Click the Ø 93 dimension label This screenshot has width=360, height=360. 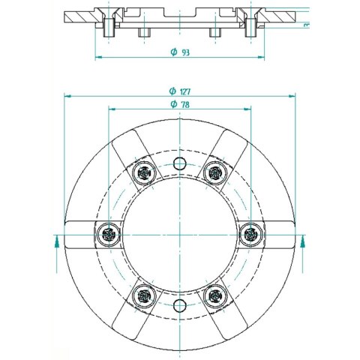tap(180, 52)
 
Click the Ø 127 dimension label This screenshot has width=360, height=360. tap(180, 91)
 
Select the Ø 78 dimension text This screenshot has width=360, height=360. tap(180, 104)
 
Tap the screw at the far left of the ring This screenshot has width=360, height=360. tap(109, 235)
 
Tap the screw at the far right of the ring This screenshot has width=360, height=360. tap(250, 235)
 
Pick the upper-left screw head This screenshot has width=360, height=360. tap(144, 172)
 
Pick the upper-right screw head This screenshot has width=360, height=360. tap(215, 172)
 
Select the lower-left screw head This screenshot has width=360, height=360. tap(144, 296)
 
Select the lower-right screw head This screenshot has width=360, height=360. tap(215, 296)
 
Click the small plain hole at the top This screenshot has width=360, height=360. tap(180, 163)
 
